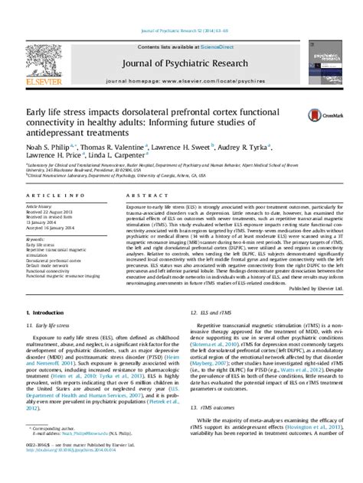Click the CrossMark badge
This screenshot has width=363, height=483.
tap(328, 115)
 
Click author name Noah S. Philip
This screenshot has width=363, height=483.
tap(46, 145)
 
